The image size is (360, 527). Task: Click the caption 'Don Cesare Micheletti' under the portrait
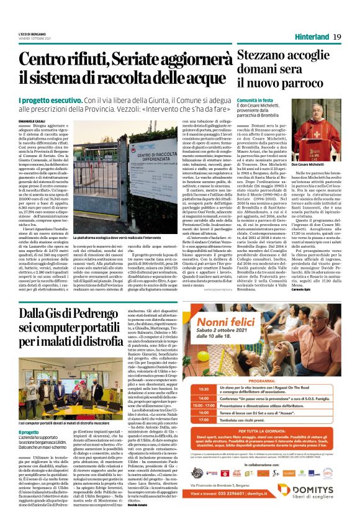(x=317, y=164)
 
